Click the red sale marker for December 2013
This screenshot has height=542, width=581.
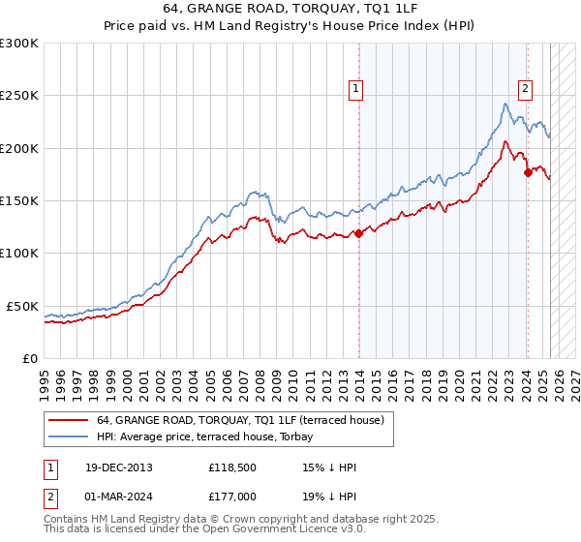point(358,233)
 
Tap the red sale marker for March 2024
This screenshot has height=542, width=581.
point(528,172)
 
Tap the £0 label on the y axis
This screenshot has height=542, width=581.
point(30,358)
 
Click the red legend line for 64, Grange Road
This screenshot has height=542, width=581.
point(69,420)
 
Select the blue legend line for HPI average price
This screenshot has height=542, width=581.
point(69,436)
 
